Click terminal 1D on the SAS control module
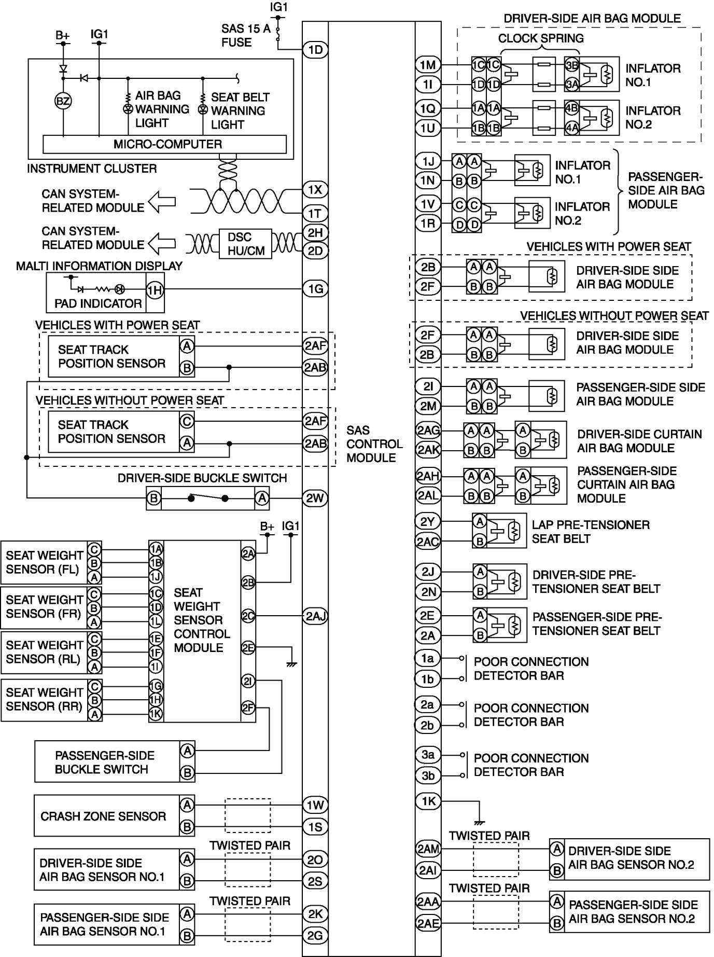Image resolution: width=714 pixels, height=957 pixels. tap(315, 50)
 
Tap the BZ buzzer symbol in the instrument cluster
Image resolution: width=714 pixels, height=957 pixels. tap(63, 101)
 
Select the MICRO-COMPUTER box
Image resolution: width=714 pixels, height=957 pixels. tap(164, 144)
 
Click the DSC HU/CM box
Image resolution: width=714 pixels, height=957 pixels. tap(246, 244)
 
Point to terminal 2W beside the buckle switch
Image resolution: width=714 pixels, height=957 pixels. tap(315, 498)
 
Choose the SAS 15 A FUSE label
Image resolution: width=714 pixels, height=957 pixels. tap(246, 35)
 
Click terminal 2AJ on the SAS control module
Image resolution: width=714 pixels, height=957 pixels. tap(315, 616)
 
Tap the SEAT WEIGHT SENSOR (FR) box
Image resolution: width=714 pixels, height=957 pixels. tap(45, 607)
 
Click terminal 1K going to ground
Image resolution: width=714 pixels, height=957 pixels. tap(428, 801)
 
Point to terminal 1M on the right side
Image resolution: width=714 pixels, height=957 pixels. tap(428, 65)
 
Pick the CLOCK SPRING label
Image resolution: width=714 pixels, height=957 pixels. tap(541, 38)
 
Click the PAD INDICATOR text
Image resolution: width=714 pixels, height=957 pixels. tap(98, 303)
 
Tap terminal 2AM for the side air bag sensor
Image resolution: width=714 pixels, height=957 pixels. tap(428, 849)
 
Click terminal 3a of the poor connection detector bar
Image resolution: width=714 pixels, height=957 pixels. tap(428, 755)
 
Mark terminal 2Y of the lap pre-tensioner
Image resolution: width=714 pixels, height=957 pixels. tap(428, 521)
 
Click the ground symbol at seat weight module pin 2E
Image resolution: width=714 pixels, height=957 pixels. tap(291, 663)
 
